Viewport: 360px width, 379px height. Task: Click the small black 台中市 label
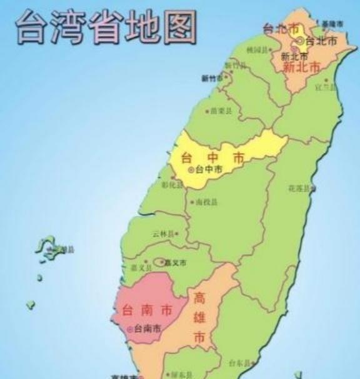(x=209, y=169)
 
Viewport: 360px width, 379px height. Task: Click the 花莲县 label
(x=299, y=187)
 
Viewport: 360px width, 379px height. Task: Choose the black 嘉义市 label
(x=176, y=263)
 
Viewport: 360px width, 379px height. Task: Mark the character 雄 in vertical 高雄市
(x=199, y=317)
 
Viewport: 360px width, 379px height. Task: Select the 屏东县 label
(x=176, y=375)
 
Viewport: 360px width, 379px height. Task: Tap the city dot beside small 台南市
(x=130, y=328)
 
